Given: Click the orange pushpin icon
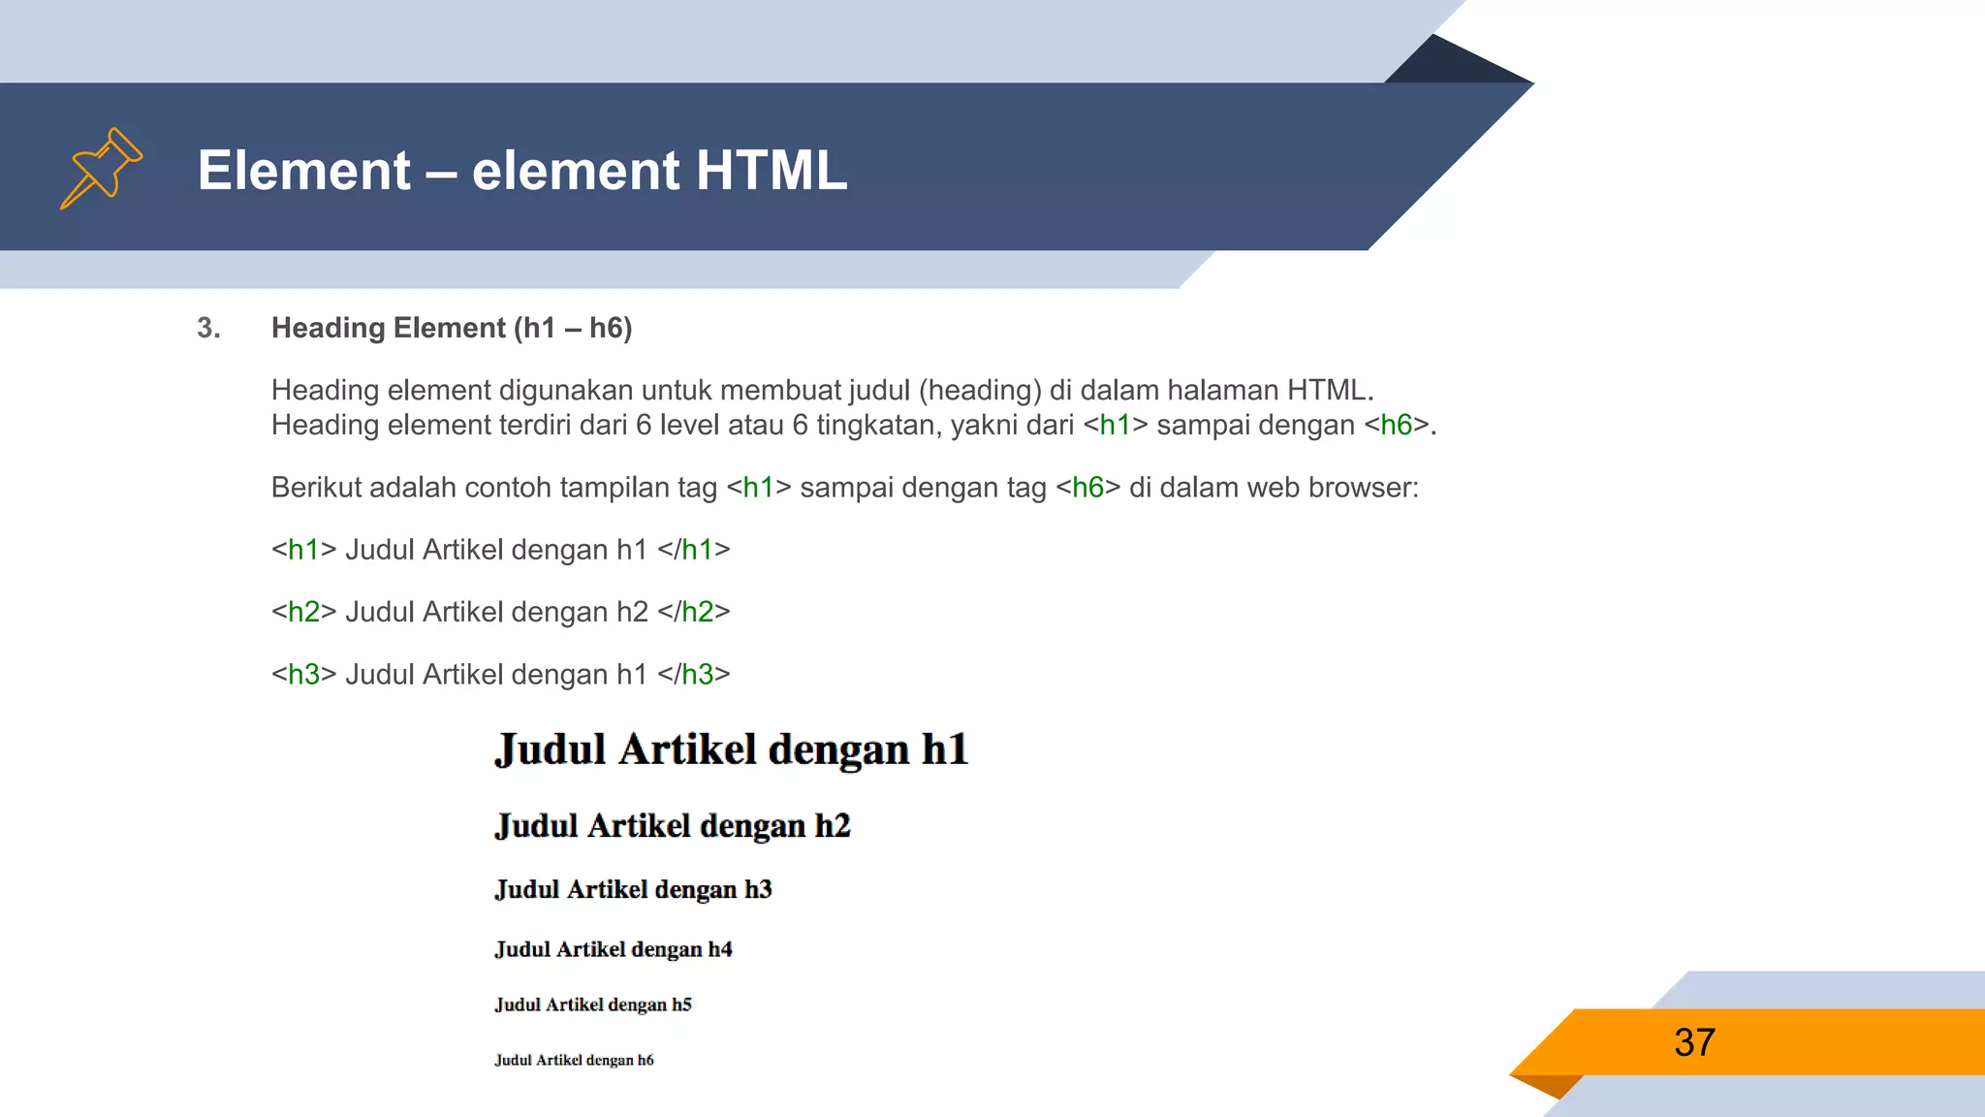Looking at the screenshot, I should [101, 168].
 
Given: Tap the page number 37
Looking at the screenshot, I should [1694, 1042].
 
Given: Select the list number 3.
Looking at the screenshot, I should [207, 328].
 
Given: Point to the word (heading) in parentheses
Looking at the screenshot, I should [980, 390].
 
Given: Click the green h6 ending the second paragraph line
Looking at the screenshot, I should [1396, 425].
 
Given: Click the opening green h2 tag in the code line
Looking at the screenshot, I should [303, 612].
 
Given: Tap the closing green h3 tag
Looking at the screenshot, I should [697, 674].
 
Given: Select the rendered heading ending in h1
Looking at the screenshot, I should [731, 750].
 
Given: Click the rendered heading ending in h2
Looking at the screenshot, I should [672, 825].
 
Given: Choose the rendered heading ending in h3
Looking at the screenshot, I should [633, 889].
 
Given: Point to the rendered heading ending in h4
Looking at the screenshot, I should [613, 949].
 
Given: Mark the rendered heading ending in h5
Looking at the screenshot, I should [592, 1005].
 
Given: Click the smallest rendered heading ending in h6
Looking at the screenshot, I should [574, 1060].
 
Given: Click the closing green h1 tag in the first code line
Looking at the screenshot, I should [697, 550].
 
